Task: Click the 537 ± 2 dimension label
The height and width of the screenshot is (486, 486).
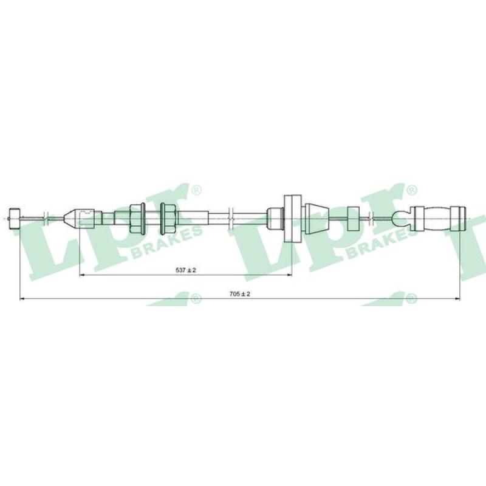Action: (186, 270)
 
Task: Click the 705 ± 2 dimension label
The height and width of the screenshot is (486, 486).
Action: (239, 294)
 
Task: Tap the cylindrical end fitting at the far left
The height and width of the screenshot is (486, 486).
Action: (15, 219)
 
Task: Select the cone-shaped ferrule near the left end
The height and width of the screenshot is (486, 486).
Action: (69, 218)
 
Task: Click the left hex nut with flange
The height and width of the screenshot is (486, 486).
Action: (137, 219)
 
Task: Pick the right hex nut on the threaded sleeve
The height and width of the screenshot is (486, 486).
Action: (168, 219)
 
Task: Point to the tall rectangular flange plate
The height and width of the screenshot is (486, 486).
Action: (293, 219)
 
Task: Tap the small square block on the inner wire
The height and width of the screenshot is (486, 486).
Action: (354, 219)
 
